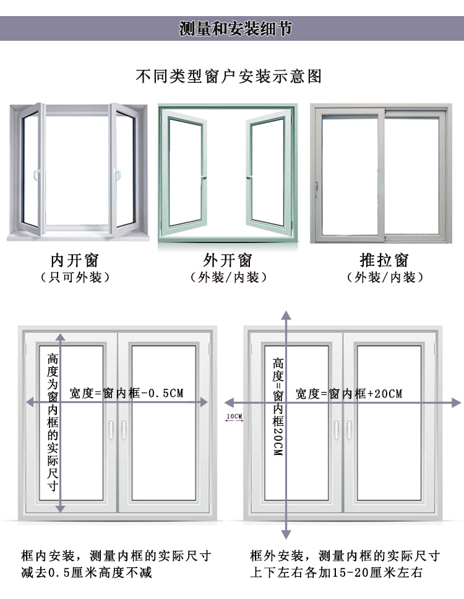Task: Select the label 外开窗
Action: click(x=228, y=259)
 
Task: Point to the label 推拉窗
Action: click(x=384, y=259)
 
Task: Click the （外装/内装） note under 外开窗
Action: click(x=228, y=278)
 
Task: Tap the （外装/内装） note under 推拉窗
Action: click(x=384, y=278)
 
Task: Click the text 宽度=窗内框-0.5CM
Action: click(x=126, y=393)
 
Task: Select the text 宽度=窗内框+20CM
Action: click(x=348, y=393)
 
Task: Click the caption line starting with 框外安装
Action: click(x=345, y=555)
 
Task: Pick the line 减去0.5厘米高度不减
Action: click(x=86, y=572)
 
